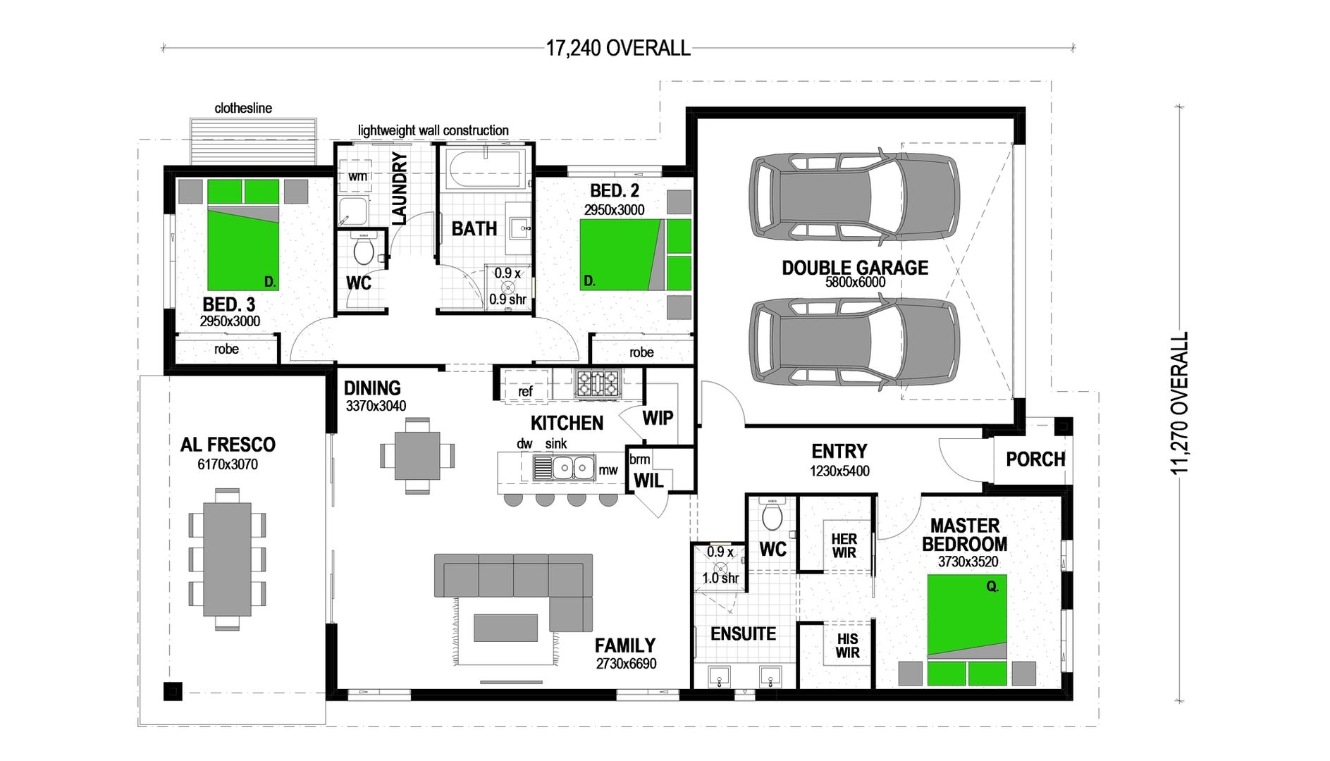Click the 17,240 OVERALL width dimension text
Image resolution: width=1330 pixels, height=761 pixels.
618,49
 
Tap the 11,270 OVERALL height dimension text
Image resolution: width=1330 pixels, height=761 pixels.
1179,403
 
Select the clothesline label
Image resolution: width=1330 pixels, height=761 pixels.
243,109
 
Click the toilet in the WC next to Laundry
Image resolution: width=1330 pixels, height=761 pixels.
363,250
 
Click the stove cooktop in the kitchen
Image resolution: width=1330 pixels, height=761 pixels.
597,383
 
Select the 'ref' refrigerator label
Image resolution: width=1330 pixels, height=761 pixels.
525,392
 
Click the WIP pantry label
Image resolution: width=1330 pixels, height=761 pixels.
658,418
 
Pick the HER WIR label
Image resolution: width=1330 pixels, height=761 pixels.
844,546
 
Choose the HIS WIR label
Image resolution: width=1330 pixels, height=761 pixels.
847,645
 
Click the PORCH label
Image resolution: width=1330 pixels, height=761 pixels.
1035,459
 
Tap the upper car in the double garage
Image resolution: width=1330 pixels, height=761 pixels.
854,197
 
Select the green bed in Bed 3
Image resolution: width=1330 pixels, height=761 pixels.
242,247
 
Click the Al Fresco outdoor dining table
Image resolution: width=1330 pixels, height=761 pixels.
227,558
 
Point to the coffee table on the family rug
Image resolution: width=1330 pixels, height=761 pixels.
505,628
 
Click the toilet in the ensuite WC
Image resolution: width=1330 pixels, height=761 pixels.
772,516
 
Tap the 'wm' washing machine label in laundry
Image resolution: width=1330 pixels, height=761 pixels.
357,176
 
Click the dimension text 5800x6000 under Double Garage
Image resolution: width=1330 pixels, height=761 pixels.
855,282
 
